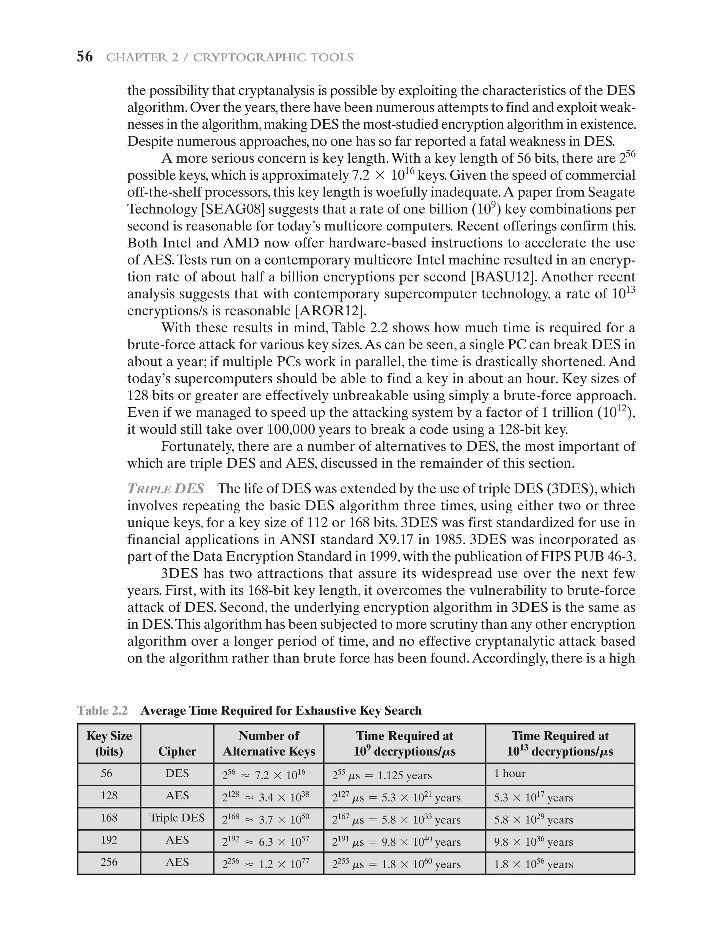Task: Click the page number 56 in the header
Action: pos(84,57)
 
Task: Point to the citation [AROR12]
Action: pos(330,311)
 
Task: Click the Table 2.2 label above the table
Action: pos(103,711)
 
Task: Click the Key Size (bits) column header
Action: pos(109,744)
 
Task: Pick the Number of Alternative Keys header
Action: pos(269,744)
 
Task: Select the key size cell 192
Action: pos(109,839)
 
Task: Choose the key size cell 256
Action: pos(109,862)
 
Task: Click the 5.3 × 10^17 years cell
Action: pos(533,797)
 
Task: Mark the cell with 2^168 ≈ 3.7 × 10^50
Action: pos(266,819)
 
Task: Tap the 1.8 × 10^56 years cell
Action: pos(533,864)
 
